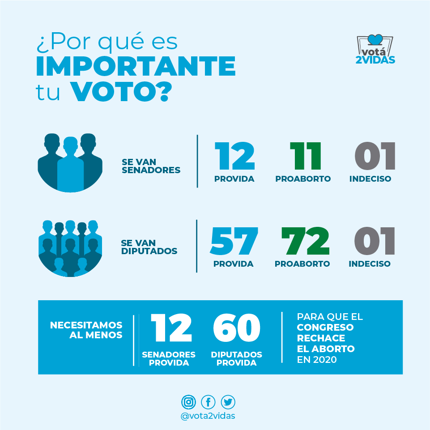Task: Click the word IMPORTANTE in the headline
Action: pos(136,66)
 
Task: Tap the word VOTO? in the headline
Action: pos(121,91)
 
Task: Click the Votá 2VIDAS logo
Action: pos(375,49)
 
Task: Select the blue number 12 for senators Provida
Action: pos(235,156)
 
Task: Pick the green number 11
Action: pos(306,156)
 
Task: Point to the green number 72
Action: pos(305,241)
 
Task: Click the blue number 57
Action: pos(234,241)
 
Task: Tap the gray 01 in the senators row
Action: pos(375,156)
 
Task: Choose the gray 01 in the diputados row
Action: pos(375,241)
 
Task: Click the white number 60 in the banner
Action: pos(237,328)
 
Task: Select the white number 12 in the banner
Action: pos(171,328)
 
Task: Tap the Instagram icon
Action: pos(189,402)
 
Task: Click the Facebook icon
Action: pos(208,402)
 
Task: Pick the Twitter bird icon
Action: pos(228,402)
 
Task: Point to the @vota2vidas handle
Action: pos(208,416)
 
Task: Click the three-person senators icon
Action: pos(70,162)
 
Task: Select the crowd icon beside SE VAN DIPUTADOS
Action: pos(70,248)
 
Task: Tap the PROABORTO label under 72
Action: pos(302,264)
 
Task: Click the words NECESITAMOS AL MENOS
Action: pos(86,330)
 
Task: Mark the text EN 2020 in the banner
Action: pos(317,359)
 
